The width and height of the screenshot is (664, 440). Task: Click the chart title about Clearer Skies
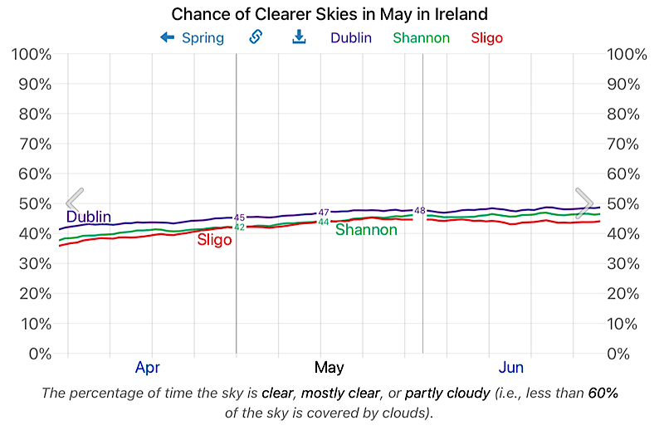click(330, 14)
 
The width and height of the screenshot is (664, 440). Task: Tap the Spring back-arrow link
click(192, 37)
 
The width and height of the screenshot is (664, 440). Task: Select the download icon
click(299, 37)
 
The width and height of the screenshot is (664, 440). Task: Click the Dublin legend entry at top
click(351, 37)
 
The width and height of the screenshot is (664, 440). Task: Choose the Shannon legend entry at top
click(422, 37)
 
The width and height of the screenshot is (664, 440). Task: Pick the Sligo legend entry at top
click(486, 37)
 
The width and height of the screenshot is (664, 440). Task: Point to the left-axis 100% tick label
click(32, 54)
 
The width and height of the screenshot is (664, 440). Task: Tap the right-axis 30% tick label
click(627, 263)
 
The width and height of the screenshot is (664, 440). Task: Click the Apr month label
click(148, 367)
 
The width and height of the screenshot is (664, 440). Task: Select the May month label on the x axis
click(330, 367)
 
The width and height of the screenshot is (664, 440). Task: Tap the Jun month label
click(511, 367)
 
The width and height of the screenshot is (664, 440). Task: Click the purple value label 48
click(419, 211)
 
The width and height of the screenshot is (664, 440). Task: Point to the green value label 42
click(239, 227)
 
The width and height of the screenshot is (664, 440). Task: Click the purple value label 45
click(239, 218)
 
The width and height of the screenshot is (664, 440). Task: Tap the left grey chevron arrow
click(74, 202)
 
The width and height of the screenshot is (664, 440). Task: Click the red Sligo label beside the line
click(214, 241)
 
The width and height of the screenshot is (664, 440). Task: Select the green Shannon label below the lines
click(366, 230)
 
